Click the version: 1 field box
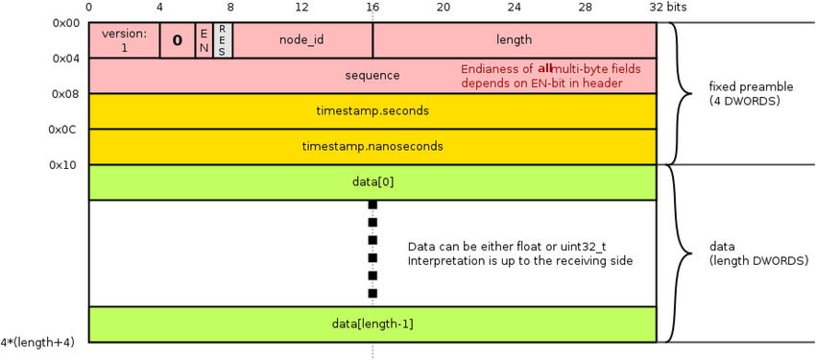click(124, 40)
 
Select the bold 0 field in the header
click(178, 40)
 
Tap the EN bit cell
click(204, 40)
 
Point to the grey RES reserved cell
click(222, 40)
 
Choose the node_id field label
click(301, 40)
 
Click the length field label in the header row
click(515, 39)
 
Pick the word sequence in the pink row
click(372, 76)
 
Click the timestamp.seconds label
click(372, 110)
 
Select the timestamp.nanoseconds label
click(372, 146)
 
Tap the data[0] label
click(372, 182)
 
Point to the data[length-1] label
click(372, 324)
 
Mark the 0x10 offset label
click(64, 165)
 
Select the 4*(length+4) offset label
click(37, 343)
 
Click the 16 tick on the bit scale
click(372, 7)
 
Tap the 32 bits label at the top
click(668, 7)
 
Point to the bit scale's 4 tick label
click(159, 7)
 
